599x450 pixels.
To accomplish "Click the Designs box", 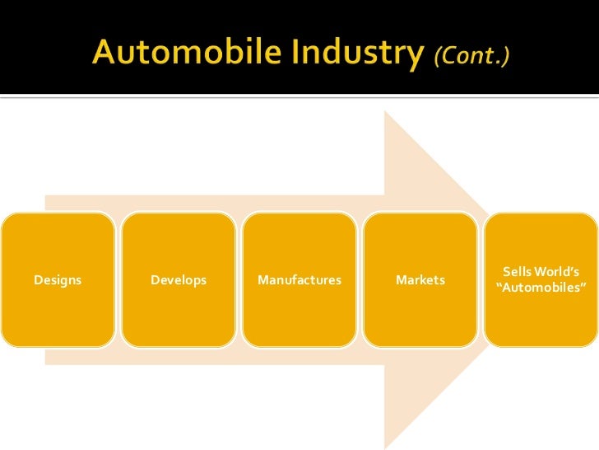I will tap(58, 280).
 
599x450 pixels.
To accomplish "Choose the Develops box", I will tap(179, 280).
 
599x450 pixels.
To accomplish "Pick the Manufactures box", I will tap(299, 280).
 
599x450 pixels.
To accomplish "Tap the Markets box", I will tap(420, 280).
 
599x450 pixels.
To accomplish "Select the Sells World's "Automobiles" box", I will tap(541, 280).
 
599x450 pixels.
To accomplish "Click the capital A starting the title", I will tap(104, 54).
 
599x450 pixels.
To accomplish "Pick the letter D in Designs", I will tap(38, 280).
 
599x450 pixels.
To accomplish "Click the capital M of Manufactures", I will tap(262, 280).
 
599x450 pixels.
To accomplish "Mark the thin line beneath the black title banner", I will tap(299, 98).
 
